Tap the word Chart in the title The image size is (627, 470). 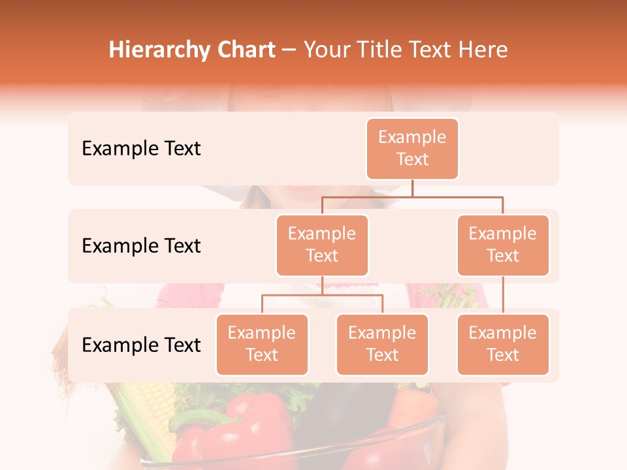(x=244, y=50)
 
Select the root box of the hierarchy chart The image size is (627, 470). (x=412, y=148)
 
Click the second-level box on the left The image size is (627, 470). (x=322, y=245)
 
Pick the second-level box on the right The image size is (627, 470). (x=503, y=245)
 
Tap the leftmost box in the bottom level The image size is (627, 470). (x=262, y=344)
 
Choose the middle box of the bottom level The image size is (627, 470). (x=382, y=344)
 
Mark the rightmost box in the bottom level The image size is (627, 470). (x=503, y=344)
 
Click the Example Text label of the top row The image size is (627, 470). (x=141, y=149)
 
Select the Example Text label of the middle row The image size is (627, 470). (x=141, y=246)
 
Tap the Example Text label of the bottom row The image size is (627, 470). (x=141, y=345)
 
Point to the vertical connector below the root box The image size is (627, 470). (x=412, y=188)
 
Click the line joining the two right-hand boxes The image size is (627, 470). (x=503, y=295)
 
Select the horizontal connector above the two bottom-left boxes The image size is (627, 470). (x=322, y=295)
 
